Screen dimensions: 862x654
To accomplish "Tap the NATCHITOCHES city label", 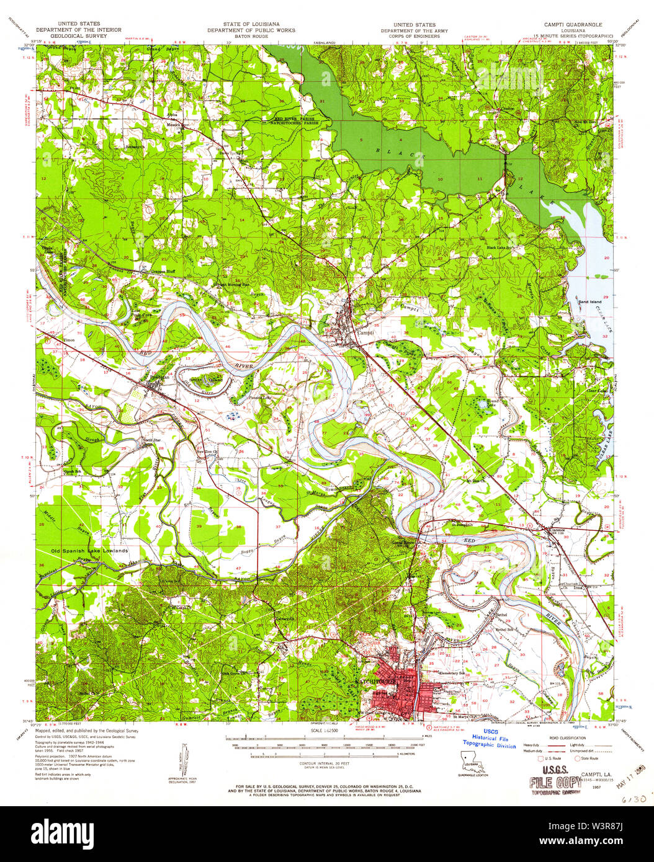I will click(x=375, y=681).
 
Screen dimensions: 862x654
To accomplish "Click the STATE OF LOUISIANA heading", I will click(x=251, y=24).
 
